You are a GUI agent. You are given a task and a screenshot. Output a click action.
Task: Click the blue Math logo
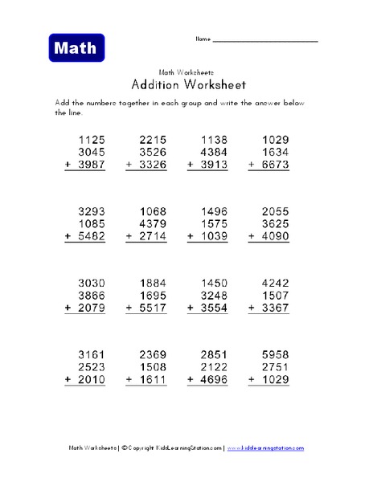tap(76, 48)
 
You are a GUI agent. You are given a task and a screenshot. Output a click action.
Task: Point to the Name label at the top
tap(202, 39)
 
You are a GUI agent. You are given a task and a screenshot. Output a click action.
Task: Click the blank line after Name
tap(265, 40)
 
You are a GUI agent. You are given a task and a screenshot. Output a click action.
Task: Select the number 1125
tap(89, 140)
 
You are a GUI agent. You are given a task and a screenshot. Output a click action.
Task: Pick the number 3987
tap(89, 165)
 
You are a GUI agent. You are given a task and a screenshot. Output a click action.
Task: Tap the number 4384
tap(212, 152)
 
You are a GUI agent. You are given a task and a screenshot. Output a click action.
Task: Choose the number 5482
tap(89, 239)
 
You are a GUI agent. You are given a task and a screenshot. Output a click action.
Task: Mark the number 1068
tap(151, 214)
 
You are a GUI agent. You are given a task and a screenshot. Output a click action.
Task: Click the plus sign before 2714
tap(129, 239)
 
